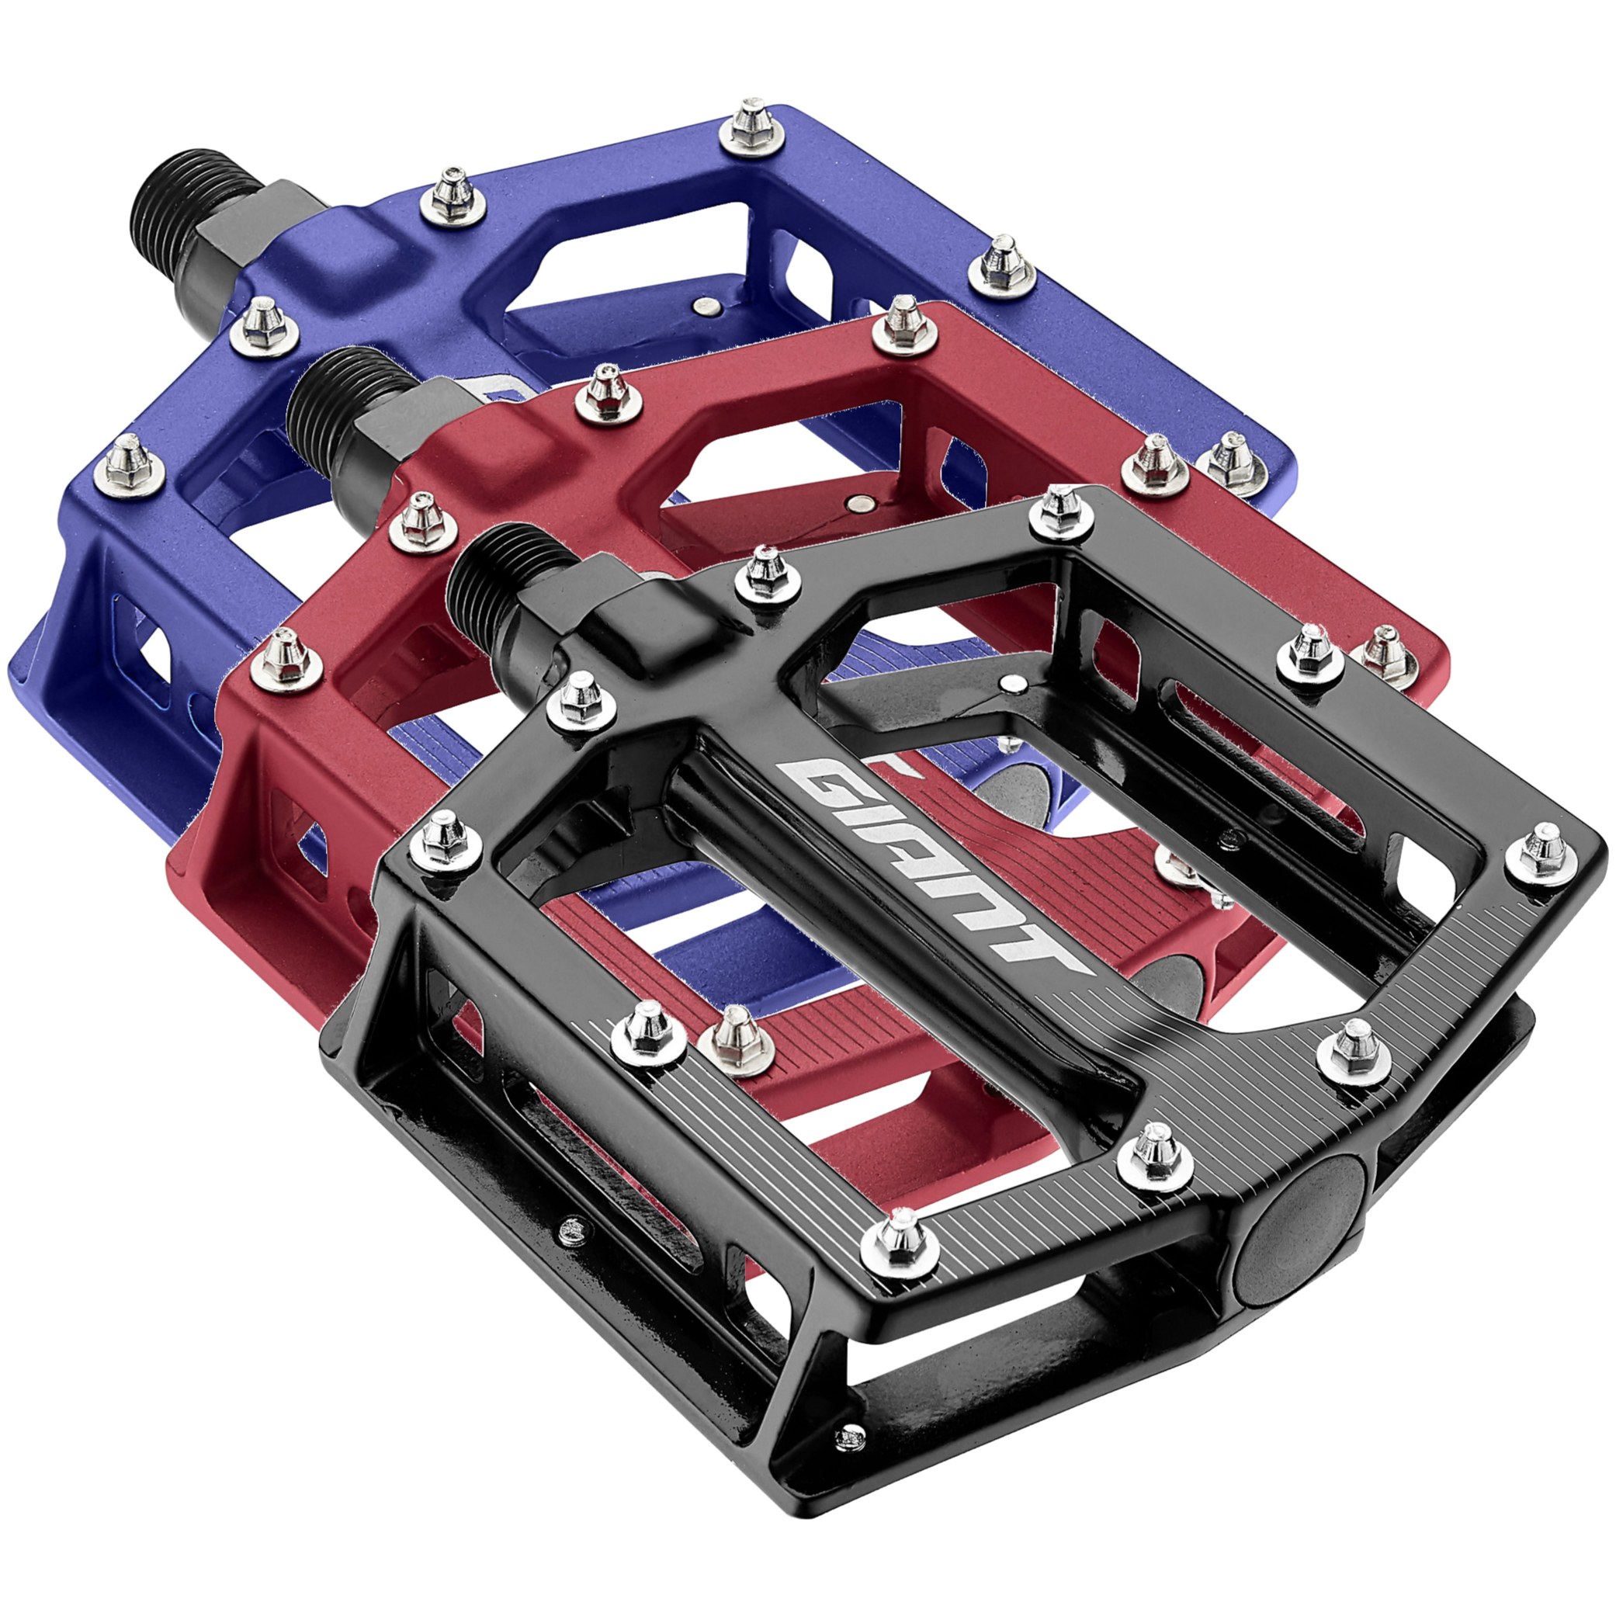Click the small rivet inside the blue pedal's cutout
click(x=709, y=307)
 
